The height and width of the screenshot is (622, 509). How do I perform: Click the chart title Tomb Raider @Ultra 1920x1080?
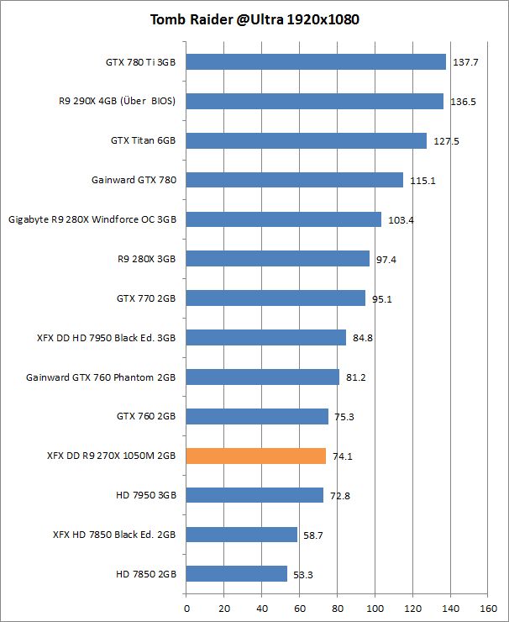tap(254, 19)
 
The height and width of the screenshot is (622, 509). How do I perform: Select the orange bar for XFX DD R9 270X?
tap(255, 456)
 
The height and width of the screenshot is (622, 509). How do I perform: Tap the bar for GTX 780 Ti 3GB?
tap(316, 61)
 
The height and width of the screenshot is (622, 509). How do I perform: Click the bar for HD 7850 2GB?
tap(236, 574)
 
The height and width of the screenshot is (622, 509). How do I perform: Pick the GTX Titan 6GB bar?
tap(306, 140)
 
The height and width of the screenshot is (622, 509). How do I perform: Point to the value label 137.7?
tap(466, 62)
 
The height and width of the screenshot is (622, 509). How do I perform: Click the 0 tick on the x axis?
tap(186, 607)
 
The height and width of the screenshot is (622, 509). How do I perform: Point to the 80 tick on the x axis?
tap(337, 607)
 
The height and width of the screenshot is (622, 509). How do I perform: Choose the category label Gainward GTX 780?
tap(134, 180)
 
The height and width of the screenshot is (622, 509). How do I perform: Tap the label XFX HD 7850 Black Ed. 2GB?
tap(114, 535)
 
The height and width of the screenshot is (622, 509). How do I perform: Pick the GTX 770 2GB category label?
tap(146, 298)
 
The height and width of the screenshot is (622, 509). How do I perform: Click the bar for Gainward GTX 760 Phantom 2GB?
tap(262, 377)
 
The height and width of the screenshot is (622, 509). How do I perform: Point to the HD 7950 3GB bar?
tap(254, 495)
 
